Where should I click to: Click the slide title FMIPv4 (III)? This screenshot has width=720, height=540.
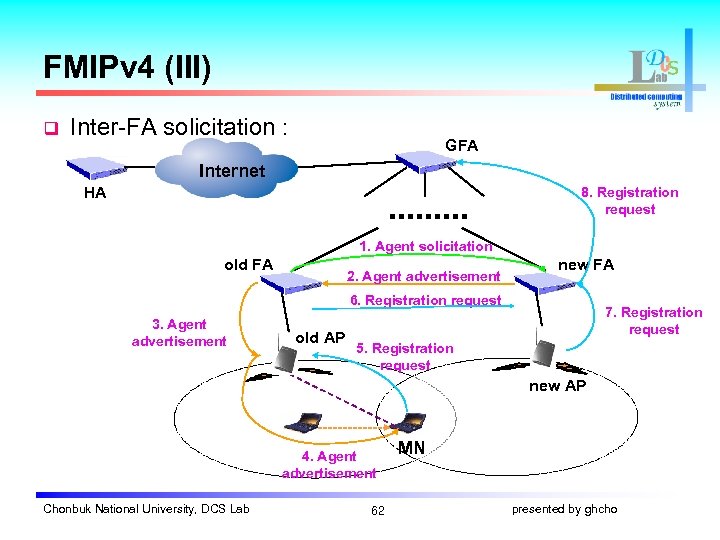tap(127, 68)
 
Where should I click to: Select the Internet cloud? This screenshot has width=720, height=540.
tap(232, 170)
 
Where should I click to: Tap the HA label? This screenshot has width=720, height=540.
tap(95, 193)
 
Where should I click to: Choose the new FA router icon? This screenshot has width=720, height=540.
tap(545, 284)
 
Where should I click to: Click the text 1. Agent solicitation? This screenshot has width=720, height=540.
tap(426, 246)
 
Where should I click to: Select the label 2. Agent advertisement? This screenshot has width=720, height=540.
tap(423, 276)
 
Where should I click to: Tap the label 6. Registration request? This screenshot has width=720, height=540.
tap(425, 300)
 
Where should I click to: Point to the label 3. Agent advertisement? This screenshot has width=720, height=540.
tap(179, 333)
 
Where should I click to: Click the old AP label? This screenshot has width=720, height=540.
tap(320, 338)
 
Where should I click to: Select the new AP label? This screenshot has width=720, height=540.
tap(557, 386)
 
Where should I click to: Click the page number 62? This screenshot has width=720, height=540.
tap(377, 510)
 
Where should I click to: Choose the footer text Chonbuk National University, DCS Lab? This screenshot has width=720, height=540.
tap(146, 510)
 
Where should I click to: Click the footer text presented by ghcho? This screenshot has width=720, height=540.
tap(564, 510)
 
